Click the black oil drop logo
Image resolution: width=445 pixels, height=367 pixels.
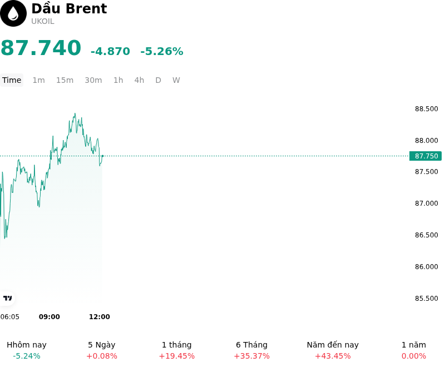13,13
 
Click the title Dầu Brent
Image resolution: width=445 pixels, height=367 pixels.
69,8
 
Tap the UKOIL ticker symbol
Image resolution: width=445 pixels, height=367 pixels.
43,22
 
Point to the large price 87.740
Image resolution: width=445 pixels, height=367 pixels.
41,48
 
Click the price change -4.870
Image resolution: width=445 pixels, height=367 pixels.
110,51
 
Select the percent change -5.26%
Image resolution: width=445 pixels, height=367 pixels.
162,51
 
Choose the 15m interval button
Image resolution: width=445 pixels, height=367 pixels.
65,80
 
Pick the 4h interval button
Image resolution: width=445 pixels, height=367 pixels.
139,80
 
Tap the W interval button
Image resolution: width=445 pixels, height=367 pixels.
176,80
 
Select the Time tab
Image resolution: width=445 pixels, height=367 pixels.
12,80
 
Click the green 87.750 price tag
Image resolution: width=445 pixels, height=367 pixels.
426,156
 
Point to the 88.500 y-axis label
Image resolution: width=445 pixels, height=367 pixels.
426,109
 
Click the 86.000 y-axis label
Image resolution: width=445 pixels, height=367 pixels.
426,267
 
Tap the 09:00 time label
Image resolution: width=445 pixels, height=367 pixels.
50,317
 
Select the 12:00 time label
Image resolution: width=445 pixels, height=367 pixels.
100,317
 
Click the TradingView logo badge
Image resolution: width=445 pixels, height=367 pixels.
7,298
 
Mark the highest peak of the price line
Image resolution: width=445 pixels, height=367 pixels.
75,113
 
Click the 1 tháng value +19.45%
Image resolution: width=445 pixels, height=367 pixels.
177,356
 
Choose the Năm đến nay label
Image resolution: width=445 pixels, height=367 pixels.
333,345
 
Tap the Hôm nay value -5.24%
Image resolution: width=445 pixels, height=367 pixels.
27,356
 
